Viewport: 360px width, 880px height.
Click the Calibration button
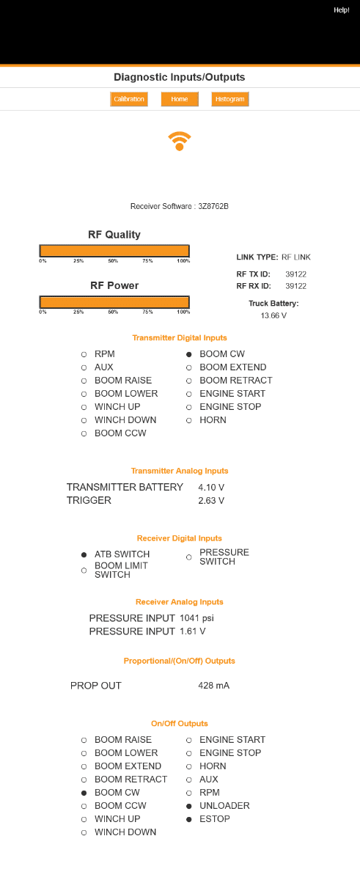[x=129, y=99]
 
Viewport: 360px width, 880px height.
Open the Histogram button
[x=230, y=99]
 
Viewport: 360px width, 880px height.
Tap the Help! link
[x=342, y=10]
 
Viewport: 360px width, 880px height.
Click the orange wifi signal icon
[x=180, y=141]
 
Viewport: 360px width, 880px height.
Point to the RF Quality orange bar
[x=114, y=251]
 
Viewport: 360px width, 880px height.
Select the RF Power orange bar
[x=114, y=302]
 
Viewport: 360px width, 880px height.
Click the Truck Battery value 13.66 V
[x=273, y=315]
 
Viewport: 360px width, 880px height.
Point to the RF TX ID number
[x=295, y=274]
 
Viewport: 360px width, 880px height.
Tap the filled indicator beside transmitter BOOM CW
[x=189, y=354]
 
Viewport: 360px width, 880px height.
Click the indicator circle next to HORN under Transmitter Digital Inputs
[x=189, y=420]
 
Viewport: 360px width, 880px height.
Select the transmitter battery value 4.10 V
[x=211, y=488]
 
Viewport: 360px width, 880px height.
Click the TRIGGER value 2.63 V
[x=211, y=500]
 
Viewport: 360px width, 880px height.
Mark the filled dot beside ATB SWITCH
[x=84, y=554]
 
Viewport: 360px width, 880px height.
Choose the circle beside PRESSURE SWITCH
[x=189, y=557]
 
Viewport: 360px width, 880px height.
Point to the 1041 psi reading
[x=196, y=618]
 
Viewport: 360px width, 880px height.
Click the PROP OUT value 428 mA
[x=213, y=686]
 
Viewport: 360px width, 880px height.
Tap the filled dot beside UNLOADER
[x=189, y=806]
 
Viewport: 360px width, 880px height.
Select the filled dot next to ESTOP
[x=189, y=820]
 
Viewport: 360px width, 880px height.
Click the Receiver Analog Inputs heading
[x=180, y=602]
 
